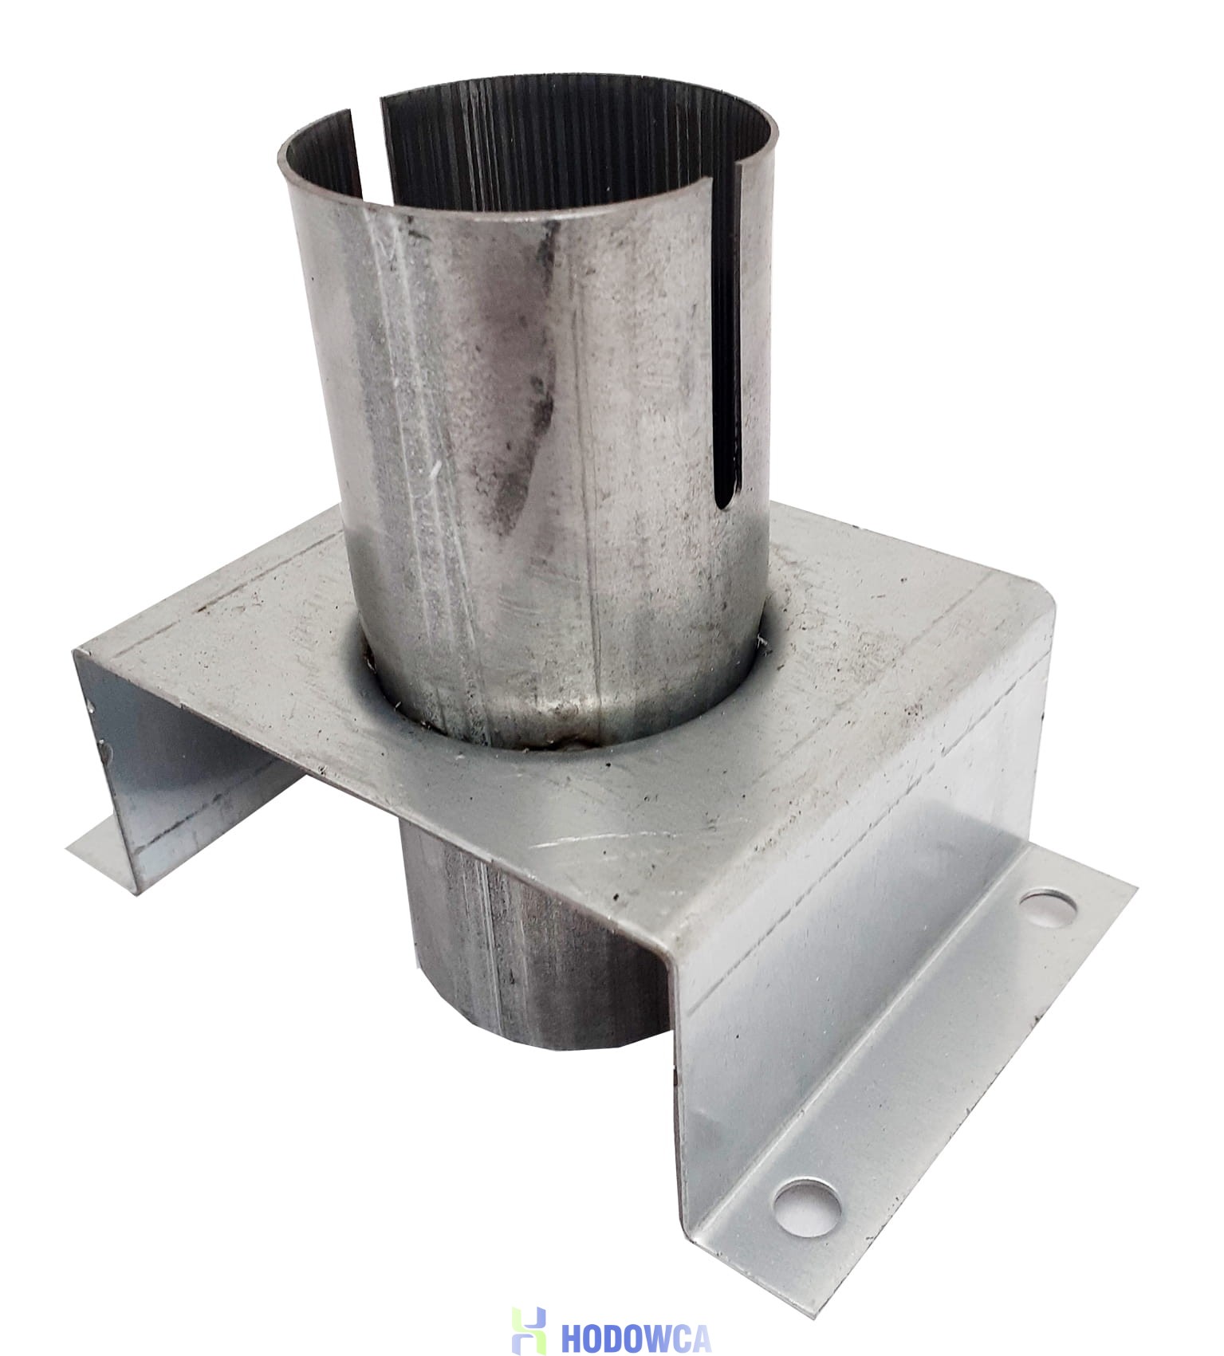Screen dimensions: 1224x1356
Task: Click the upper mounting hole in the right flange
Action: coord(1048,909)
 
